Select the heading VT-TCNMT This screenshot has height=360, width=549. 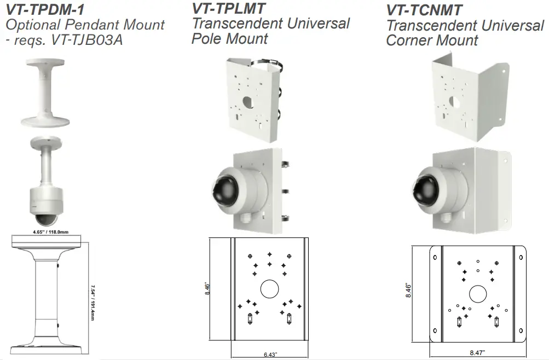tap(424, 10)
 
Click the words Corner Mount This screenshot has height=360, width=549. tap(432, 40)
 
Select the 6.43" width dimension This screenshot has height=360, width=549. tap(269, 355)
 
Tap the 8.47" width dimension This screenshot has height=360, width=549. tap(477, 353)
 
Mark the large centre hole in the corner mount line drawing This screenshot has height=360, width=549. tap(478, 294)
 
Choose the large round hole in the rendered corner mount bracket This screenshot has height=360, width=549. tap(455, 102)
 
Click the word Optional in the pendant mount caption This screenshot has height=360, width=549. tap(32, 25)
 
